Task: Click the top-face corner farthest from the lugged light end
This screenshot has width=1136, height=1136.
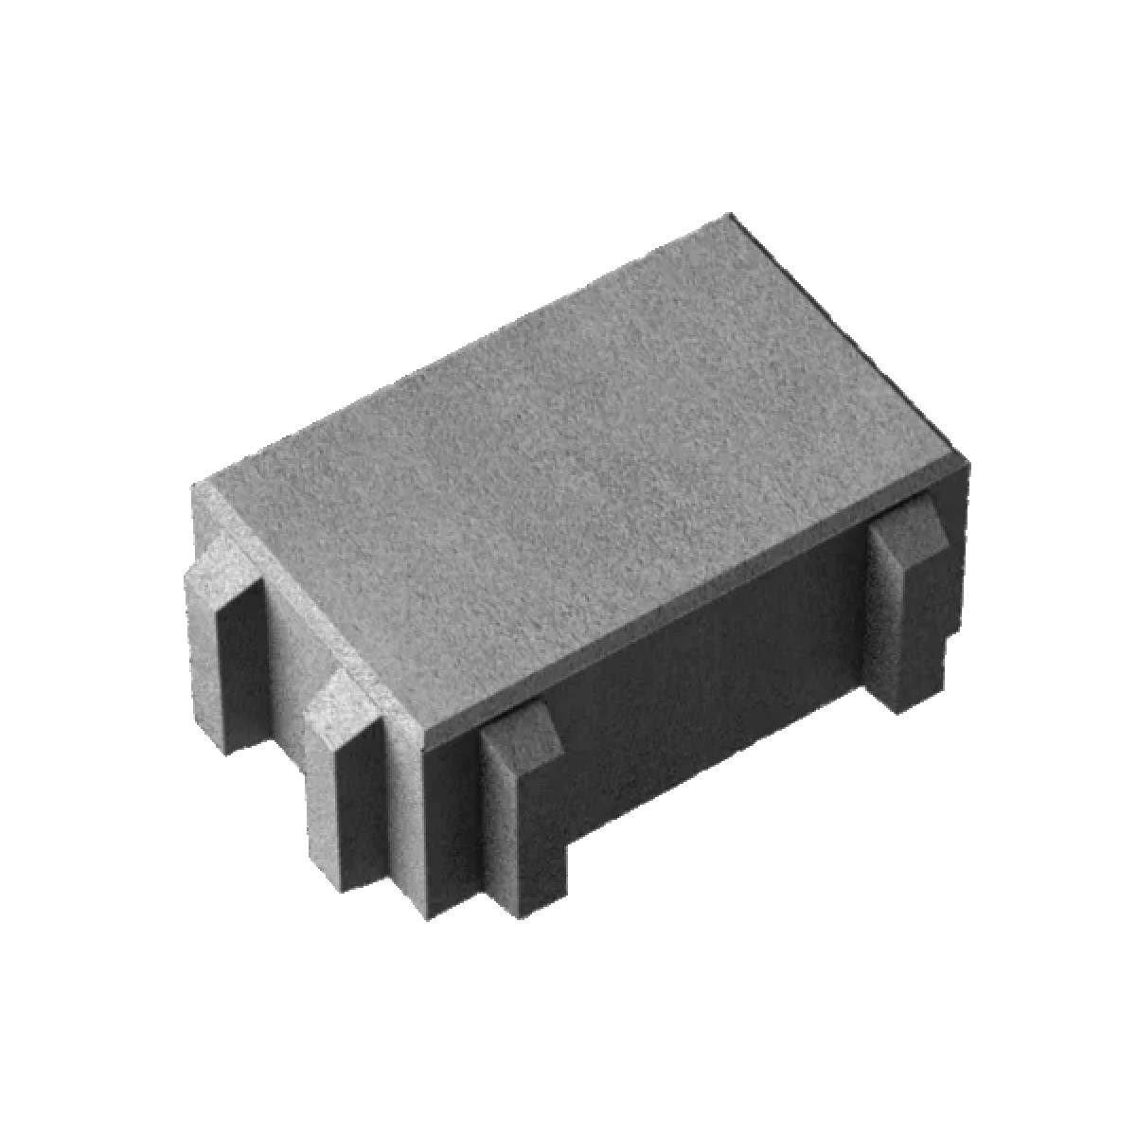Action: [x=729, y=216]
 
